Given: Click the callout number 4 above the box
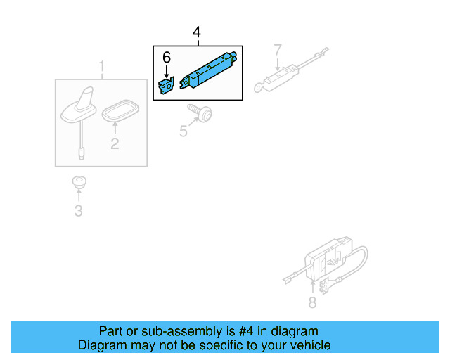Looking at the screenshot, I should (x=197, y=33).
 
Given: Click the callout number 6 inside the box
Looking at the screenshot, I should (x=167, y=56).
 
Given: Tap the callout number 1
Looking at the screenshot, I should (x=101, y=68).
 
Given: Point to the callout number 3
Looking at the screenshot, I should (x=78, y=211).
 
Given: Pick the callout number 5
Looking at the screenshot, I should (x=184, y=130).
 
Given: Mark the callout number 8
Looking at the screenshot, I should (x=312, y=303).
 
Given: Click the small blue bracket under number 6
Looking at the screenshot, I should (x=167, y=86).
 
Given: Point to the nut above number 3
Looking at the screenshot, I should (x=78, y=183).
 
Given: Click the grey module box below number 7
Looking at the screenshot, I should (x=278, y=79).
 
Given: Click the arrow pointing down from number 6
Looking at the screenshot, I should (x=167, y=71).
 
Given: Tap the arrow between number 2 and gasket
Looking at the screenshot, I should (x=114, y=129).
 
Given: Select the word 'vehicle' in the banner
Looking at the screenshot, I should (x=309, y=345).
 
